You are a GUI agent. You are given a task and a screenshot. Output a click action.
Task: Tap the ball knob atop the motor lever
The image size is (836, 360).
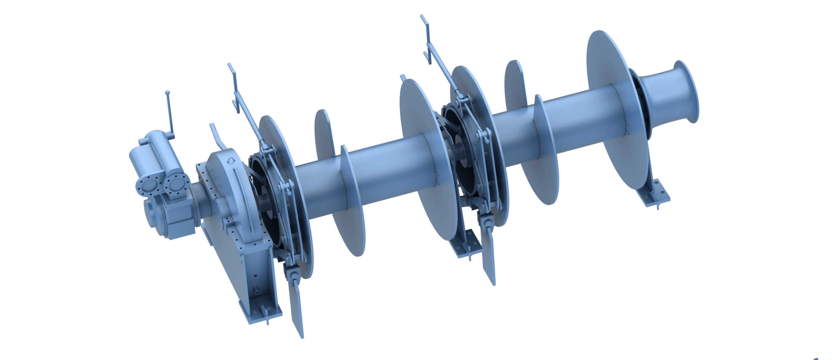point(167,93)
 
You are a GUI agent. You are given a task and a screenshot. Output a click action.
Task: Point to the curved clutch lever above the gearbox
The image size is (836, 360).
point(217,136)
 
